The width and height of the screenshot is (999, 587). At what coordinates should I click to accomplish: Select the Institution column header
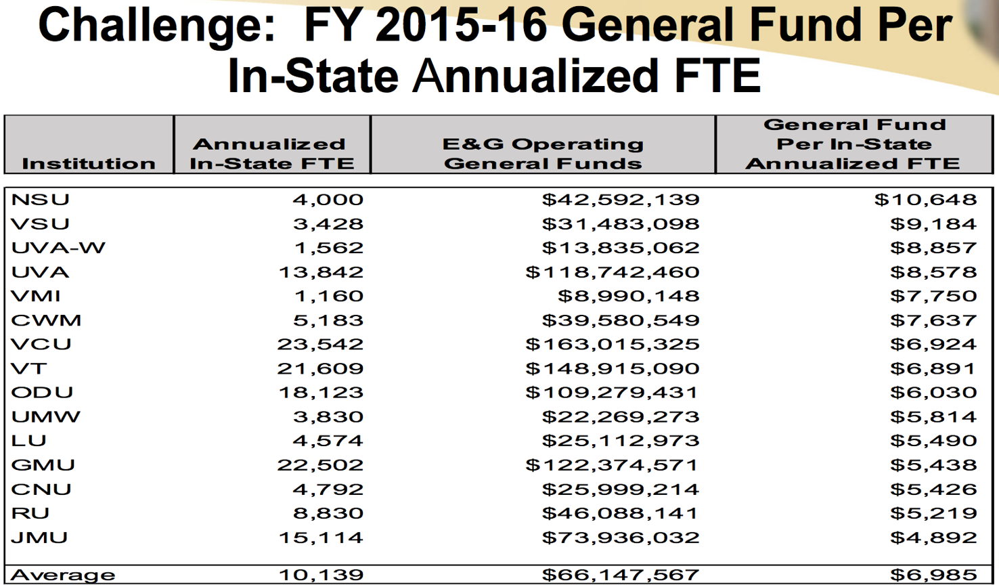(89, 163)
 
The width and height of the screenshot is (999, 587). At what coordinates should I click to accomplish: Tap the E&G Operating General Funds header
(543, 154)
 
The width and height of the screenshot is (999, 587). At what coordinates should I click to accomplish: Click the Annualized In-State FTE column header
(271, 154)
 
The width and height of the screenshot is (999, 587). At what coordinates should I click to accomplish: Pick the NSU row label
(41, 200)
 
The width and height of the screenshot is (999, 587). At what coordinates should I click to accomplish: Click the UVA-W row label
(58, 248)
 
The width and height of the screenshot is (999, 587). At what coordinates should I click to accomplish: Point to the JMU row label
(40, 538)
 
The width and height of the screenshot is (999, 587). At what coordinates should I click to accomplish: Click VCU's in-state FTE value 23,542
(320, 344)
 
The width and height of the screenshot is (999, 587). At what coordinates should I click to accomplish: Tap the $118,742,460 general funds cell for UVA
(613, 272)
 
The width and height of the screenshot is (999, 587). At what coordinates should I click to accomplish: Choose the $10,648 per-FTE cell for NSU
(925, 200)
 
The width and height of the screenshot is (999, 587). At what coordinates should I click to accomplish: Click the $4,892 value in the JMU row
(933, 538)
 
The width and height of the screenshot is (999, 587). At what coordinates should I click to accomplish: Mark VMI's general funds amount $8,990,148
(628, 296)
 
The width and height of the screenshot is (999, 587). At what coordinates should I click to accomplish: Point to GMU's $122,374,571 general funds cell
(613, 465)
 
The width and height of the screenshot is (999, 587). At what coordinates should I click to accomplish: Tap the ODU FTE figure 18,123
(320, 393)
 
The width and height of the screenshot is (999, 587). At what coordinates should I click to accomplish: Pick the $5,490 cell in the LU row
(933, 441)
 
